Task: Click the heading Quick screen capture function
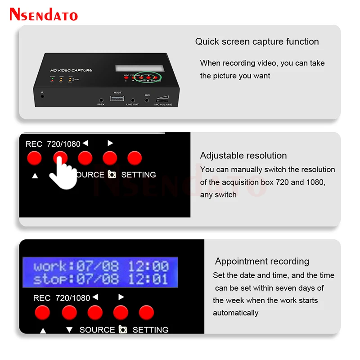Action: [257, 42]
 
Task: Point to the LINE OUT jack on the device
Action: [132, 101]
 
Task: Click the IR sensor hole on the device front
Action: [42, 96]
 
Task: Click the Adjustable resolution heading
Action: [243, 156]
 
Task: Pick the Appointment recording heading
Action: [262, 261]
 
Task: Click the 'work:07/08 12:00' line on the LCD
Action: [101, 265]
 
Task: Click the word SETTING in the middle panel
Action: [139, 175]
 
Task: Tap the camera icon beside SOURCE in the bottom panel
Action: [122, 329]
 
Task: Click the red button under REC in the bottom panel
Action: [42, 312]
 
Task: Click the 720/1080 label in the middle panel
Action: [63, 144]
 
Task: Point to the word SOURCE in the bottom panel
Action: [97, 330]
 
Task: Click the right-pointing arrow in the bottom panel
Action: [121, 297]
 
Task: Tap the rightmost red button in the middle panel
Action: [135, 158]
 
